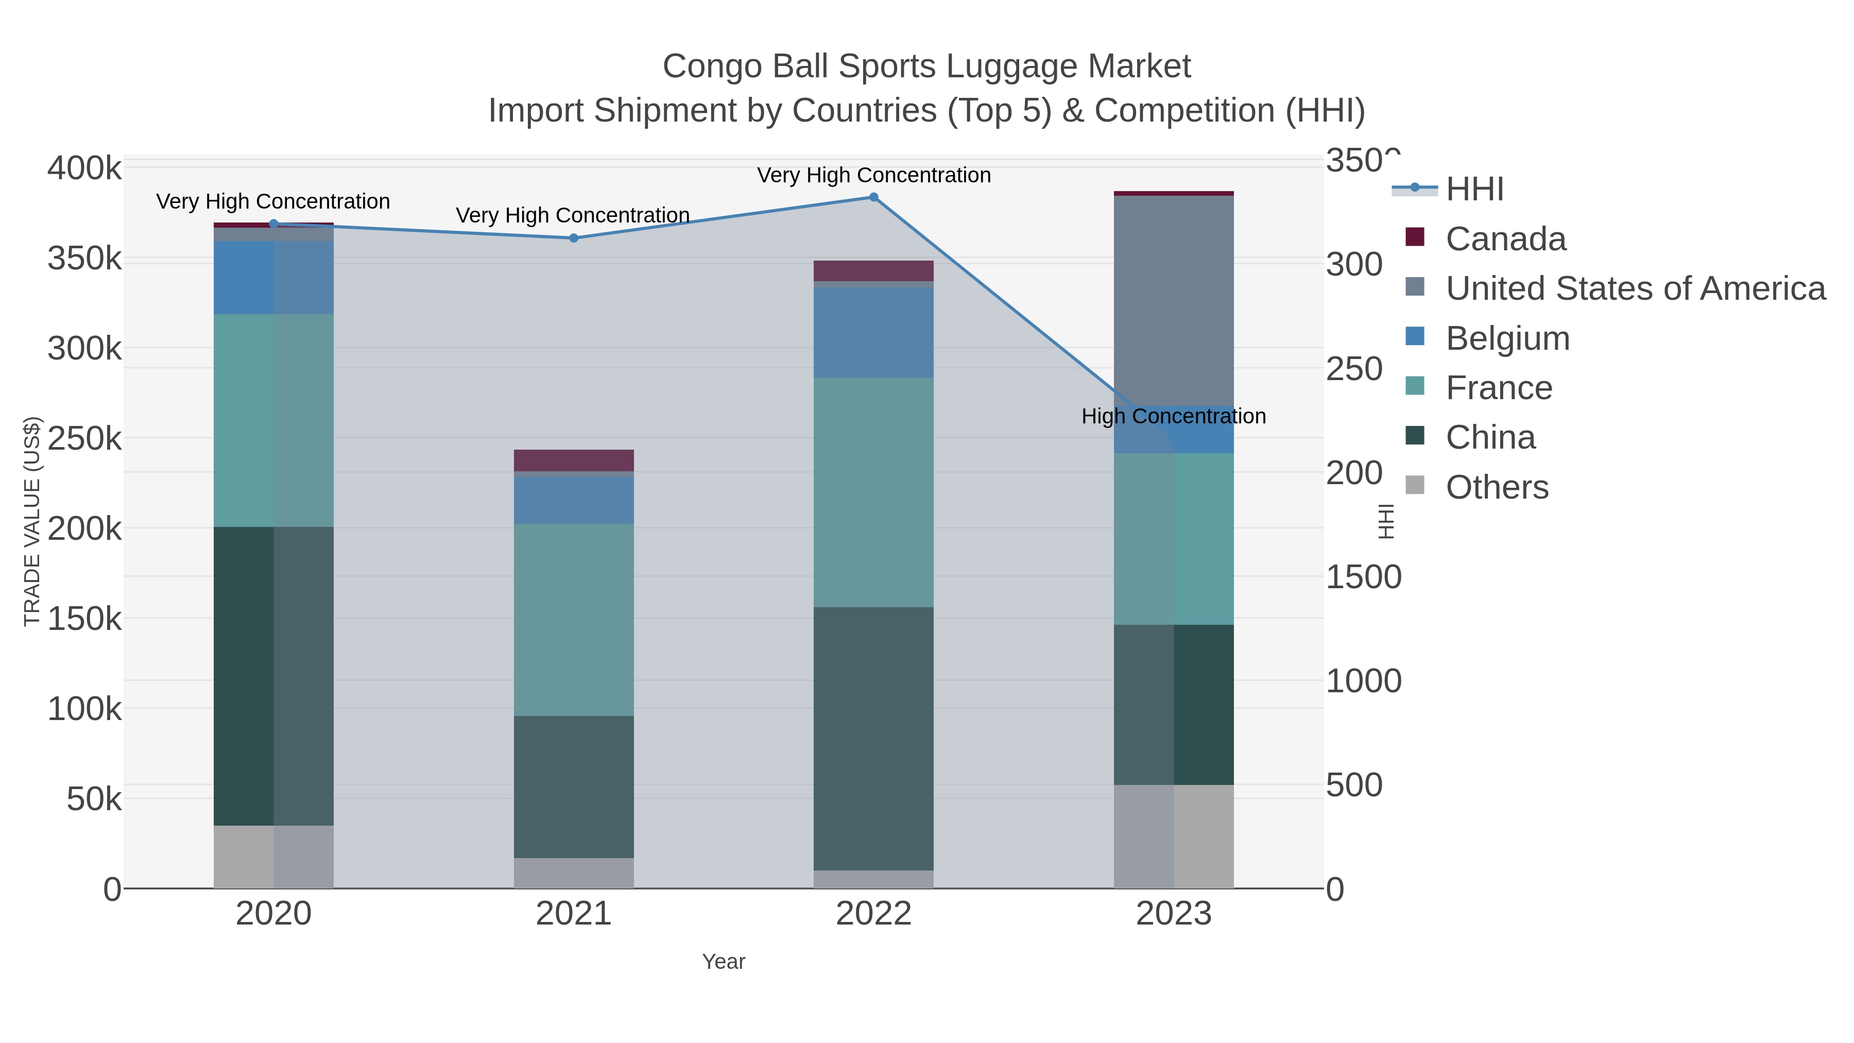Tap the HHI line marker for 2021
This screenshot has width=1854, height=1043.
[574, 238]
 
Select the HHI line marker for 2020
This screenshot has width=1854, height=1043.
[273, 224]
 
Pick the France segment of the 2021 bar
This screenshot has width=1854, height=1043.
[574, 620]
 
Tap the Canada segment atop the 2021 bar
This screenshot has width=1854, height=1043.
[574, 460]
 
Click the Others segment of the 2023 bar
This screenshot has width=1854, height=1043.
[1173, 836]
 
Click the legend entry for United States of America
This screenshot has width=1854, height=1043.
[1635, 288]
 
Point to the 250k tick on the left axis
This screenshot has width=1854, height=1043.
[84, 438]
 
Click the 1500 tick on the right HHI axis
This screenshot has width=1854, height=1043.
[1363, 577]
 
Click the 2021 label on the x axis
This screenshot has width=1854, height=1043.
[574, 914]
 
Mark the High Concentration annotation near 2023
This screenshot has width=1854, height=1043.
[1173, 416]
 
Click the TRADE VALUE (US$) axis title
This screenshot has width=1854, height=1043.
[32, 521]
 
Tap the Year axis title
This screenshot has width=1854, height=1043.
[724, 962]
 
